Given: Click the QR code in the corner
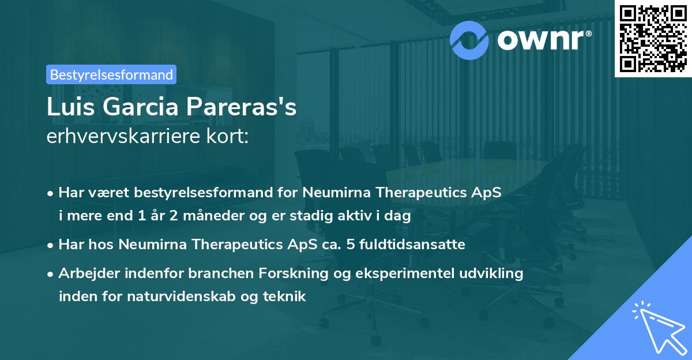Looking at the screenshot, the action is pos(653,38).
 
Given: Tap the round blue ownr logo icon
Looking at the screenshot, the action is pos(469,40).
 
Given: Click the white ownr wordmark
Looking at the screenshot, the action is pos(544,40).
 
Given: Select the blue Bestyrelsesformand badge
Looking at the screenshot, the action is pos(111,74).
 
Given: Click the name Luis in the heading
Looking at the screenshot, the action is pos(71,107).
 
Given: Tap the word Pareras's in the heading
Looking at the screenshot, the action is pos(241,107).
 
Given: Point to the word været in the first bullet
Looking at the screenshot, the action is pos(109,193).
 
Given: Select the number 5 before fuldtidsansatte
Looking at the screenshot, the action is pos(351,245).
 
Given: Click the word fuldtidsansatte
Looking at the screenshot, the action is pos(412,244).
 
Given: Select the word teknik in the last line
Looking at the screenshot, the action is pos(284,297).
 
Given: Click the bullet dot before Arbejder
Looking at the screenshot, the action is pos(50,274).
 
